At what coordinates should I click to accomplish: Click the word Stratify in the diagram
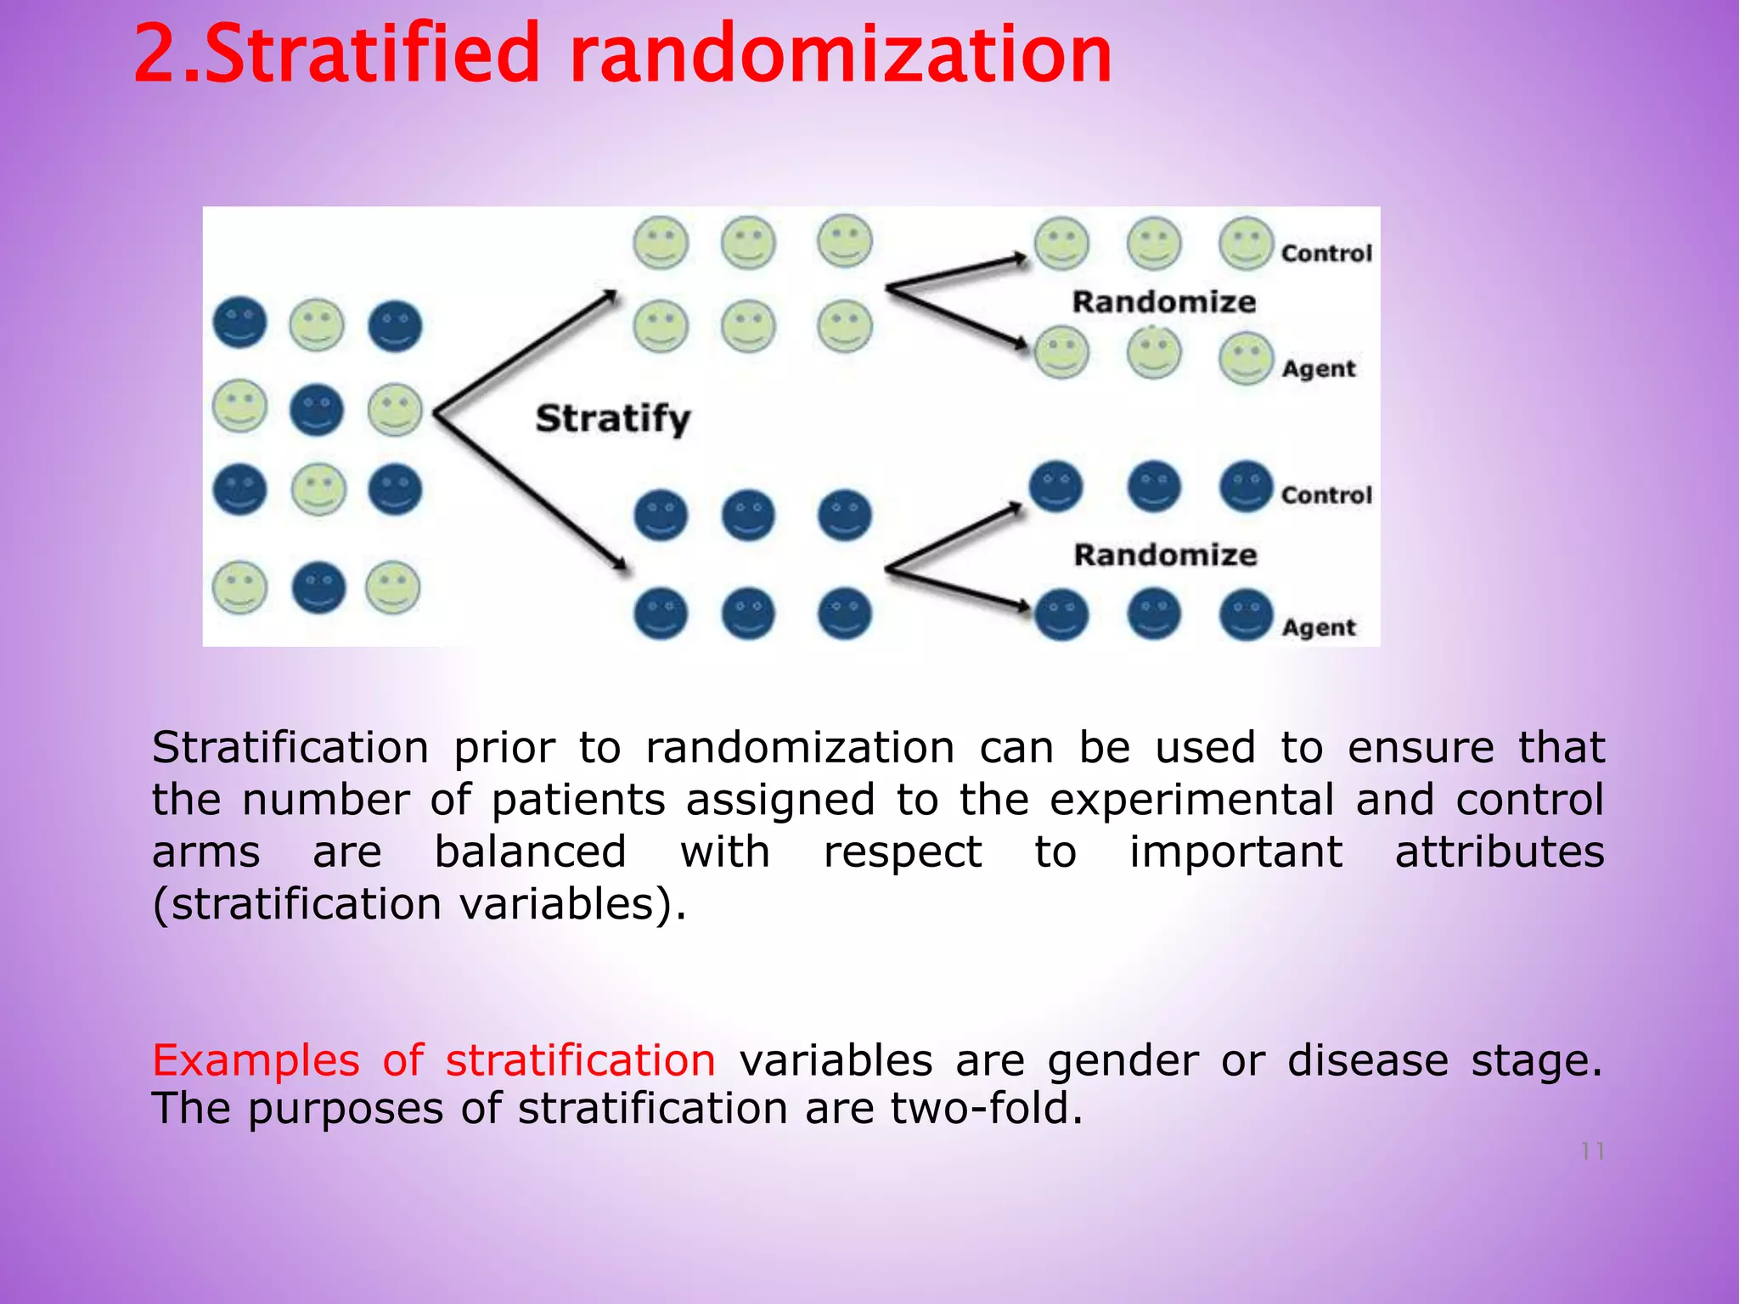(x=613, y=419)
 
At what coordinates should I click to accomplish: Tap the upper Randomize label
(x=1163, y=302)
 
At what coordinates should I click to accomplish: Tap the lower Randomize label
(x=1165, y=555)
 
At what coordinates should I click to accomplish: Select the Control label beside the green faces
(x=1326, y=253)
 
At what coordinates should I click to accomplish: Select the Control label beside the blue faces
(x=1326, y=495)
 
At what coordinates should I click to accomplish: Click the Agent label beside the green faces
(x=1319, y=369)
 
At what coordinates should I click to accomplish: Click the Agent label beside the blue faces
(x=1319, y=628)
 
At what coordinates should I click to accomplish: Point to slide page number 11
(x=1592, y=1152)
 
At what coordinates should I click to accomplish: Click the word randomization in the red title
(x=841, y=54)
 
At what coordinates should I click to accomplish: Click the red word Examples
(x=256, y=1061)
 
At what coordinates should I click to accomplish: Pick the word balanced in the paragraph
(x=531, y=852)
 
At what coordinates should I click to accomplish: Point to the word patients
(x=578, y=800)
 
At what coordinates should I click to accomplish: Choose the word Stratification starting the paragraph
(x=290, y=748)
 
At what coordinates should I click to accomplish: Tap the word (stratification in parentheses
(x=296, y=904)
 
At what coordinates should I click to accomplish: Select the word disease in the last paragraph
(x=1367, y=1061)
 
